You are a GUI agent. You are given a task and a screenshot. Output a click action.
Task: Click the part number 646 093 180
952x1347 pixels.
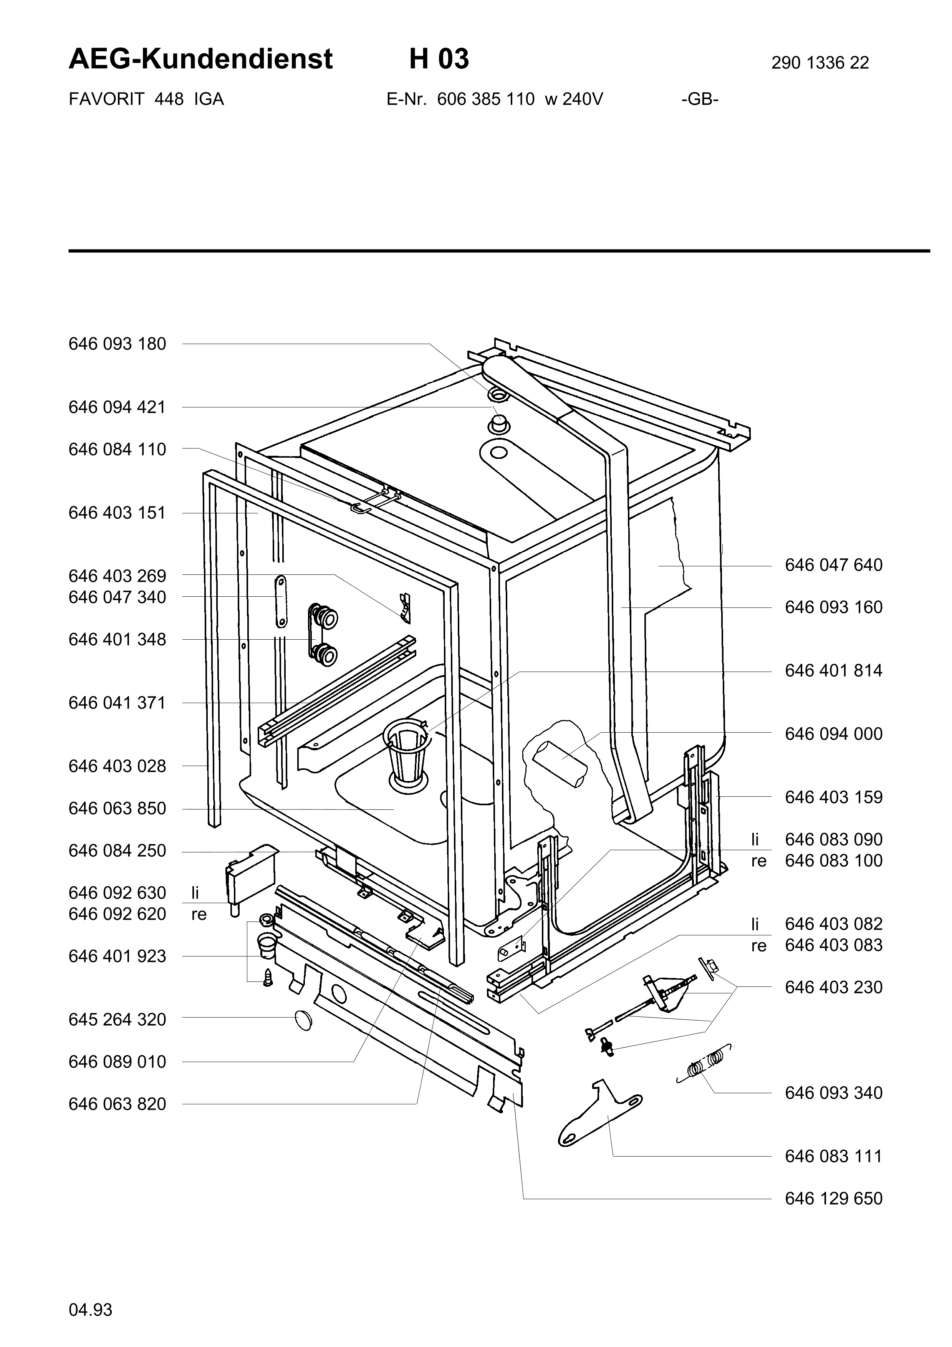(x=117, y=344)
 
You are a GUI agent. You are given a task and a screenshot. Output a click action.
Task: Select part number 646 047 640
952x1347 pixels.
(x=833, y=565)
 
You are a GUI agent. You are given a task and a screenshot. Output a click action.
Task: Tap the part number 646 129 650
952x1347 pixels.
(x=833, y=1198)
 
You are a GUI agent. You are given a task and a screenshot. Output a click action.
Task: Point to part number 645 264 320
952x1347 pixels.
(x=117, y=1019)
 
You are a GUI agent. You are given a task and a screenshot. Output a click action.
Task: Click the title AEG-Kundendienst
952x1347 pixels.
(x=200, y=59)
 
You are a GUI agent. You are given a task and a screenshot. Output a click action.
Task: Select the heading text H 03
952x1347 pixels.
(x=439, y=59)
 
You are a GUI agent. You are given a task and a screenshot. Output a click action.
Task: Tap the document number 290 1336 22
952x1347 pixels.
(x=820, y=63)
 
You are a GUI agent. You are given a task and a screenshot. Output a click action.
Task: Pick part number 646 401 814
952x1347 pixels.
(x=833, y=670)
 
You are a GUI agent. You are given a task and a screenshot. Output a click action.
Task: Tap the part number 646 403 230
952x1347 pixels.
(x=833, y=987)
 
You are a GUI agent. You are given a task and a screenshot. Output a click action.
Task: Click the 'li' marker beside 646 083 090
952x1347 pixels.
(x=755, y=839)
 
